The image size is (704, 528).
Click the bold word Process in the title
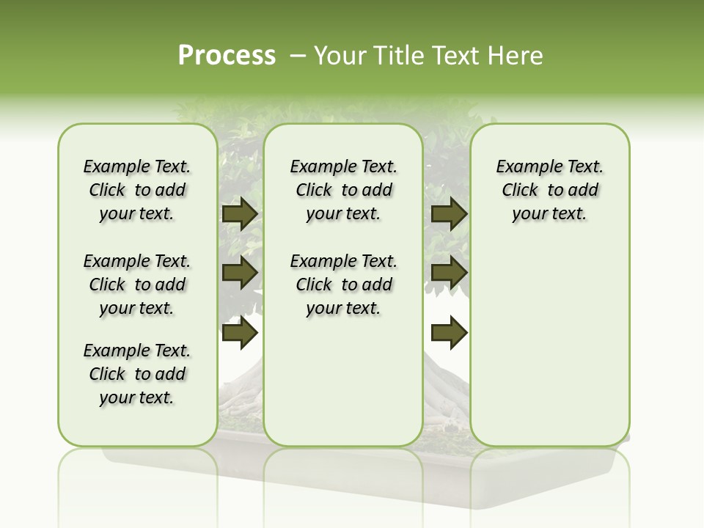(227, 56)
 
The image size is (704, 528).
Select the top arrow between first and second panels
(239, 214)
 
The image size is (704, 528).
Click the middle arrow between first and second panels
(239, 273)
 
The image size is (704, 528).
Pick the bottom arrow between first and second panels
(239, 333)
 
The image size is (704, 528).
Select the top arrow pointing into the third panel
(449, 214)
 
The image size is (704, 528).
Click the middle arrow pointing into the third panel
(449, 273)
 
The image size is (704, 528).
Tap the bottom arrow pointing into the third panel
(449, 333)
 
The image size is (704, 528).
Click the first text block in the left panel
(137, 190)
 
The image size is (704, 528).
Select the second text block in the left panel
(137, 285)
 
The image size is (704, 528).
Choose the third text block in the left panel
(137, 374)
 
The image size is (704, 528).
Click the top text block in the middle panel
(343, 190)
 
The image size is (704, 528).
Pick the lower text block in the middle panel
(343, 285)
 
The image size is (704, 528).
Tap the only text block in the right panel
(549, 190)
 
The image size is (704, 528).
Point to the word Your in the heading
(337, 56)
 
